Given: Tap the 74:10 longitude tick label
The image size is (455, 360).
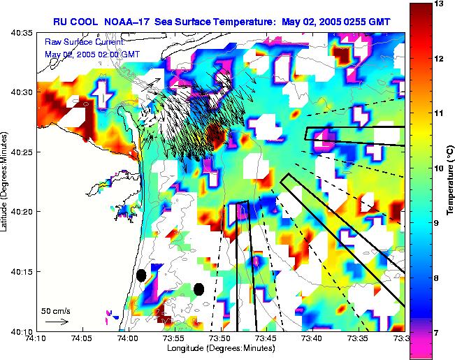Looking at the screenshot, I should (37, 338).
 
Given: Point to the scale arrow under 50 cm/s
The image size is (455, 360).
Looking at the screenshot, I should (55, 322).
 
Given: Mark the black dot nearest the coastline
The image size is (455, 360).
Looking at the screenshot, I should (141, 275).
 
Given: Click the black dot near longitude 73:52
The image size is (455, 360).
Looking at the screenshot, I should (198, 289).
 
